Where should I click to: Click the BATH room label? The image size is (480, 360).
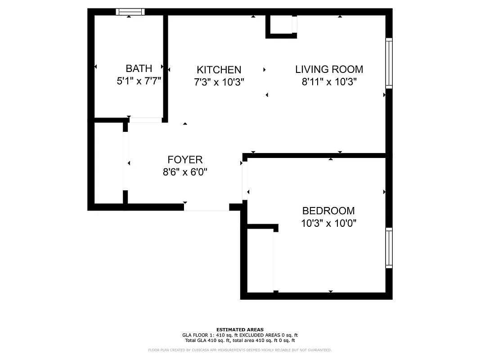pyautogui.click(x=139, y=68)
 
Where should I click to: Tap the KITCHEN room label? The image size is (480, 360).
pyautogui.click(x=219, y=70)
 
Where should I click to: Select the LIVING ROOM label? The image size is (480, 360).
pyautogui.click(x=329, y=69)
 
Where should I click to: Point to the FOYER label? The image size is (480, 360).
pyautogui.click(x=185, y=160)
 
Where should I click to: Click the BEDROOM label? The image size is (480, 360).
pyautogui.click(x=328, y=211)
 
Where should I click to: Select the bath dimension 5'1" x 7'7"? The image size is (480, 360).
pyautogui.click(x=139, y=81)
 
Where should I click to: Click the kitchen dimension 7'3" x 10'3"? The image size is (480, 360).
pyautogui.click(x=219, y=82)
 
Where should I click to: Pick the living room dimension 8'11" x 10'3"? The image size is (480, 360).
pyautogui.click(x=329, y=82)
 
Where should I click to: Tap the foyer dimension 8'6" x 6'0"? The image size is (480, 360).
pyautogui.click(x=185, y=172)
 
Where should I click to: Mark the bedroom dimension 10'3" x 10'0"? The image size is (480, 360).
pyautogui.click(x=328, y=223)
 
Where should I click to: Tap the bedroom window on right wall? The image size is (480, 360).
pyautogui.click(x=389, y=248)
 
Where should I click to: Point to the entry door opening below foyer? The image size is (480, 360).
pyautogui.click(x=206, y=207)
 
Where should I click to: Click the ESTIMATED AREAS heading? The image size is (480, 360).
pyautogui.click(x=240, y=330)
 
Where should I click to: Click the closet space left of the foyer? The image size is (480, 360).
pyautogui.click(x=108, y=163)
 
